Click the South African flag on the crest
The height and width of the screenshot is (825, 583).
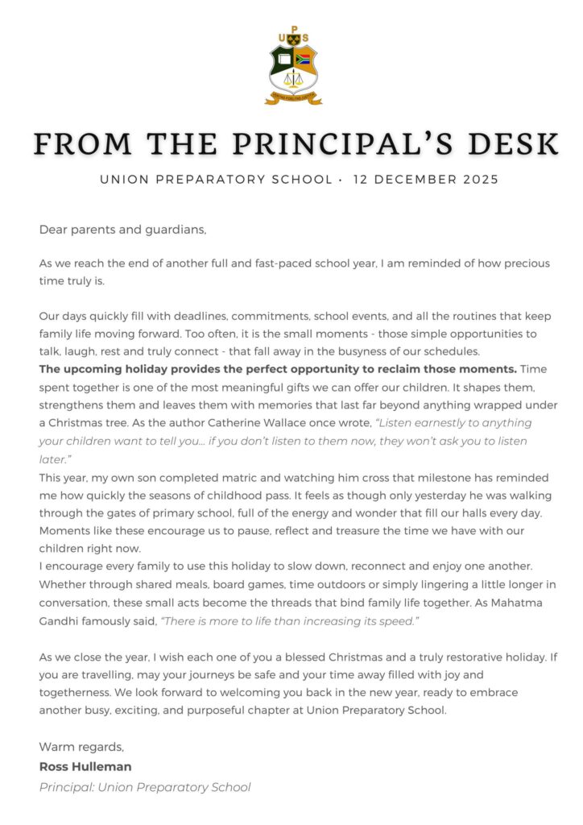click(304, 59)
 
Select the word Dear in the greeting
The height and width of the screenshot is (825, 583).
click(53, 230)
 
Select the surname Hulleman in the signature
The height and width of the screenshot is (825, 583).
click(101, 766)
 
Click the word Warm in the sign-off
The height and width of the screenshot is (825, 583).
click(56, 748)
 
